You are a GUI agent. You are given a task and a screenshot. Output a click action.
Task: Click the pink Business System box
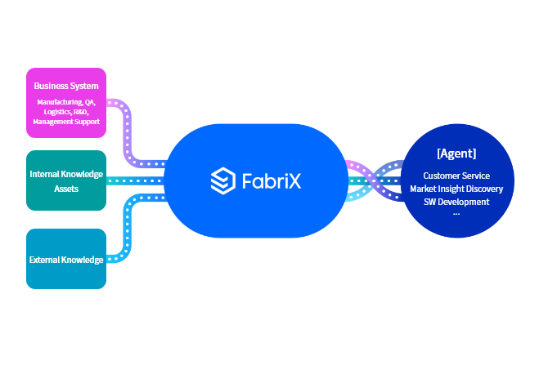(x=66, y=103)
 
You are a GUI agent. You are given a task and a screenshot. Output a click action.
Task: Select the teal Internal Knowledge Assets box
(x=66, y=180)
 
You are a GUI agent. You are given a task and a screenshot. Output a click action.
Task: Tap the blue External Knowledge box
(x=66, y=259)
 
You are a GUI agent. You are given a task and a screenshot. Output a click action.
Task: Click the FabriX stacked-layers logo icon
(x=222, y=180)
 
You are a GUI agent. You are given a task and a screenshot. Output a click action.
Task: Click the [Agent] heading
(x=456, y=154)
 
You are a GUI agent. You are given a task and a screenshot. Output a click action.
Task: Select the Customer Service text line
(x=456, y=176)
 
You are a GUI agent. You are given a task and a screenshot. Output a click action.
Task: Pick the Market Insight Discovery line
(x=456, y=189)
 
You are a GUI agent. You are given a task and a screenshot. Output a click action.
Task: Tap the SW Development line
(x=456, y=202)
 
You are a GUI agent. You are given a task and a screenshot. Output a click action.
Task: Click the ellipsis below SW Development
(x=456, y=212)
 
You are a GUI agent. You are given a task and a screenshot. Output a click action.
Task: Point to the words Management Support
(x=66, y=122)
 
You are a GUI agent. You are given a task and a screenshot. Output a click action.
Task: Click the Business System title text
(x=66, y=86)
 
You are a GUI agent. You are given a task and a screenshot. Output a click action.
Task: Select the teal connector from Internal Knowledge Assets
(x=135, y=180)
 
